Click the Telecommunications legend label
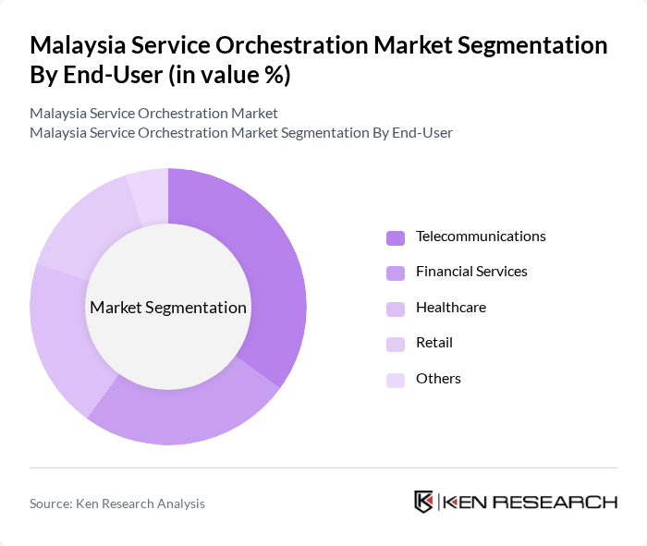pos(481,237)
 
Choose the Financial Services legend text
pos(471,272)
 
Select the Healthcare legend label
pos(450,307)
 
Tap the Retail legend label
pos(434,343)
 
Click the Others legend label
pos(438,378)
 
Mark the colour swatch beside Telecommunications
pos(396,237)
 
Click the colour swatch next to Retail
pos(396,344)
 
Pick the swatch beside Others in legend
pos(396,379)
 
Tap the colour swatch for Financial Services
pos(396,273)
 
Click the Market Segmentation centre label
pos(168,308)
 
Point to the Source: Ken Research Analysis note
pos(117,504)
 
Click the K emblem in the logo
pos(424,502)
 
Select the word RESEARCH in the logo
pos(564,503)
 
